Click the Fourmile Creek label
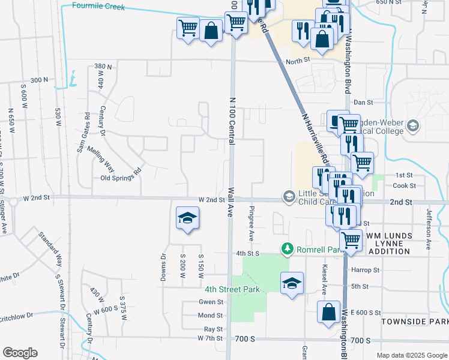point(98,6)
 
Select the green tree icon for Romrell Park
point(288,248)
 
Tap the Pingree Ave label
point(252,222)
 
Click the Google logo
point(20,353)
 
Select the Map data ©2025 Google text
point(412,355)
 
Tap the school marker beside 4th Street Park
point(292,284)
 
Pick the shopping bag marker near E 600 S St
point(328,313)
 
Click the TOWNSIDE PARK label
point(414,322)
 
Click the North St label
point(297,60)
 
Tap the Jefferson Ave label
point(429,229)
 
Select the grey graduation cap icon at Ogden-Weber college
point(412,125)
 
